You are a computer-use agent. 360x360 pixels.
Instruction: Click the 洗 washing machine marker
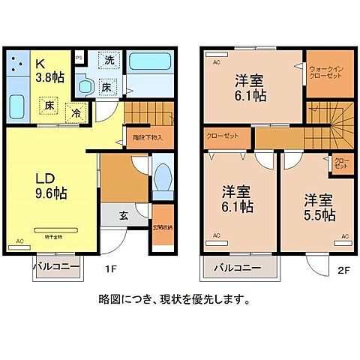click(109, 59)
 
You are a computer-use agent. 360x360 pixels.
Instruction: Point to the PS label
click(79, 54)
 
